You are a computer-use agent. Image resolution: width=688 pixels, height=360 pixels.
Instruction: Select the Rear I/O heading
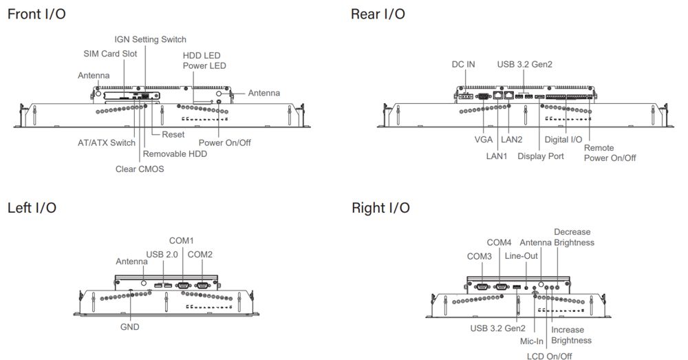378,14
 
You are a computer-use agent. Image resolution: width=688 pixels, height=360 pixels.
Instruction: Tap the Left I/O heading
32,207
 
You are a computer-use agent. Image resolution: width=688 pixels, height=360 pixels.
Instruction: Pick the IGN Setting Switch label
150,39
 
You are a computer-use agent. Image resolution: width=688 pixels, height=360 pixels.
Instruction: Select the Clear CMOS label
140,169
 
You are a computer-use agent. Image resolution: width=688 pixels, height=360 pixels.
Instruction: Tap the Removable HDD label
175,154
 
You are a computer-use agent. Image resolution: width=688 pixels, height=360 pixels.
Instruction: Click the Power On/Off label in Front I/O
224,143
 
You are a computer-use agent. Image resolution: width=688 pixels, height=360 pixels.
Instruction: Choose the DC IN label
463,65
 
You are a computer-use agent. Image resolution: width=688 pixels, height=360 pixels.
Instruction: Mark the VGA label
484,139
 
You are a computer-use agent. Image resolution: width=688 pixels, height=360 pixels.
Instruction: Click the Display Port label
541,156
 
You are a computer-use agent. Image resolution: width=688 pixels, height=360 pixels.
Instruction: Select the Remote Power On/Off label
610,153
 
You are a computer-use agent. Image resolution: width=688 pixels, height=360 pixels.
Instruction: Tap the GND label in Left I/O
129,327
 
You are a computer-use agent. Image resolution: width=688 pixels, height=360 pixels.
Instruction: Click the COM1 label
182,241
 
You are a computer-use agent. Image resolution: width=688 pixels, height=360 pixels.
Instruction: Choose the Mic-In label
532,341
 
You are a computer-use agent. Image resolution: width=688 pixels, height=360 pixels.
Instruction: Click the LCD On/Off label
549,356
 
